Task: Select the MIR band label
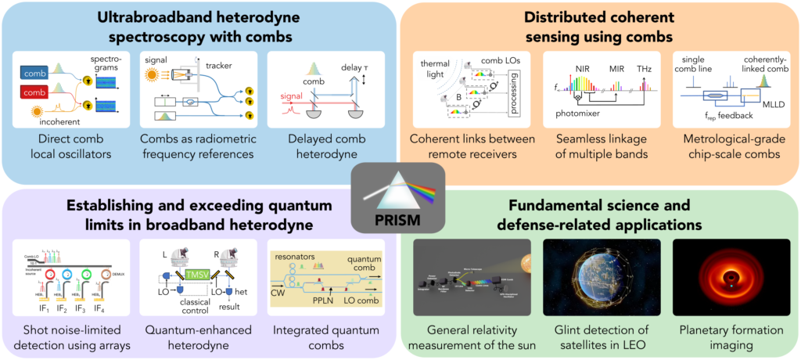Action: point(611,69)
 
